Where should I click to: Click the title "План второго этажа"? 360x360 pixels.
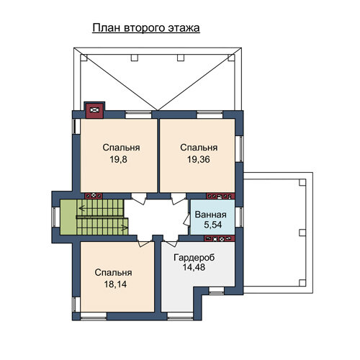point(146,28)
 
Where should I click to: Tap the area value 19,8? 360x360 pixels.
point(118,159)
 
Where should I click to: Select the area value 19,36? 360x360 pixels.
point(199,159)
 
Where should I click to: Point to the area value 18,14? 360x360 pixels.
point(115,284)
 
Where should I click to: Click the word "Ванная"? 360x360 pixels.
point(210,215)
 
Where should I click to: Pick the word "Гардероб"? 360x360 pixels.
point(194,258)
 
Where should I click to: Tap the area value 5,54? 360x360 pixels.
point(212,225)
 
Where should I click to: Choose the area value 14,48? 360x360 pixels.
point(194,267)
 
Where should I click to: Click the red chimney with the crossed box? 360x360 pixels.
point(94,110)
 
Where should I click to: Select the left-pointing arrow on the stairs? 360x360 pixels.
point(82,208)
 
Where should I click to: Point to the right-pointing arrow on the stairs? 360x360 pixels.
point(124,228)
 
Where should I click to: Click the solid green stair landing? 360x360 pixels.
point(68,217)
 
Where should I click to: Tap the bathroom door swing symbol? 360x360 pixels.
point(186,220)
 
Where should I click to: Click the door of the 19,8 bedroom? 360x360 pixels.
point(139,199)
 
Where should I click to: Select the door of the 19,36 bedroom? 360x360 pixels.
point(178,199)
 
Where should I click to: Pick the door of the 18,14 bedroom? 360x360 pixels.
point(145,241)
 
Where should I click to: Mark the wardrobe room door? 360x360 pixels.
point(171,241)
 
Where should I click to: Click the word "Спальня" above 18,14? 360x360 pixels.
point(113,273)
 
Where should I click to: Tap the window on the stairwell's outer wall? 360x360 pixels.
point(55,217)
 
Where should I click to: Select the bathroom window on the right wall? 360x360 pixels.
point(239,217)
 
